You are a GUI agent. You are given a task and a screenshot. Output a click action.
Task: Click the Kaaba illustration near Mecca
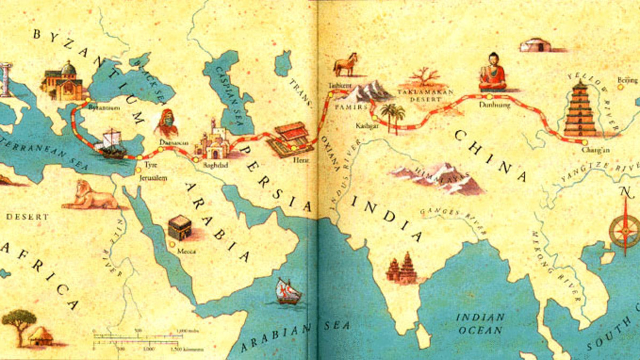[180, 228]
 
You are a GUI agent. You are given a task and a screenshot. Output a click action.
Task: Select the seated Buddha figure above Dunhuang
[492, 72]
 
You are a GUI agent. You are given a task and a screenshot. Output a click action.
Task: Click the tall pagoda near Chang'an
[580, 109]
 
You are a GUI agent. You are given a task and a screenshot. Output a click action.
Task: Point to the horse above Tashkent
[345, 65]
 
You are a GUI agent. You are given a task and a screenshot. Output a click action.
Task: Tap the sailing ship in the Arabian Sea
[288, 291]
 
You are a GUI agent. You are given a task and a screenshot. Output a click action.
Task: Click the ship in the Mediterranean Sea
[111, 143]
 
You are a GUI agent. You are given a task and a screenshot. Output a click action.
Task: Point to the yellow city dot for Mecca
[172, 244]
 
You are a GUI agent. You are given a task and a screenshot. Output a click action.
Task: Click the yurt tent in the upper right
[535, 45]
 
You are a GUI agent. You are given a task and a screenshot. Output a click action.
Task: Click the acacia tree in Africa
[19, 323]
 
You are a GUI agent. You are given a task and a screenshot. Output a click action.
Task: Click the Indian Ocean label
[479, 323]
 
